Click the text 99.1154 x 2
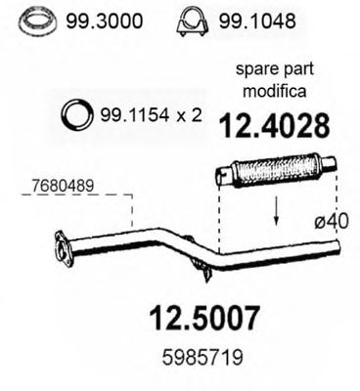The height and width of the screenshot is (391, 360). tap(149, 115)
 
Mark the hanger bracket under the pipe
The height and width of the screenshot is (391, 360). tap(201, 265)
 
